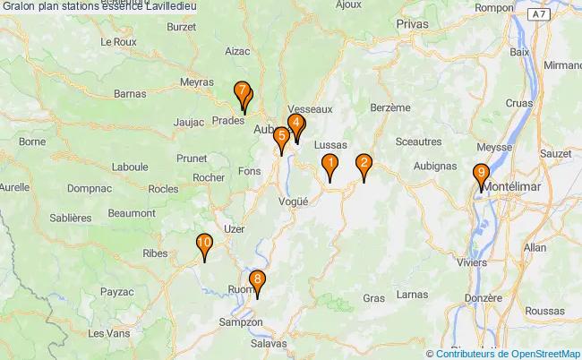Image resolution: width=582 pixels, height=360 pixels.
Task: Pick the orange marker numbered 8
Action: point(258,282)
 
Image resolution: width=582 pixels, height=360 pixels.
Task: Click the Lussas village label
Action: point(330,144)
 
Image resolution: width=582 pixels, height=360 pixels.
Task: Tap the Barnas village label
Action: point(131,93)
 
